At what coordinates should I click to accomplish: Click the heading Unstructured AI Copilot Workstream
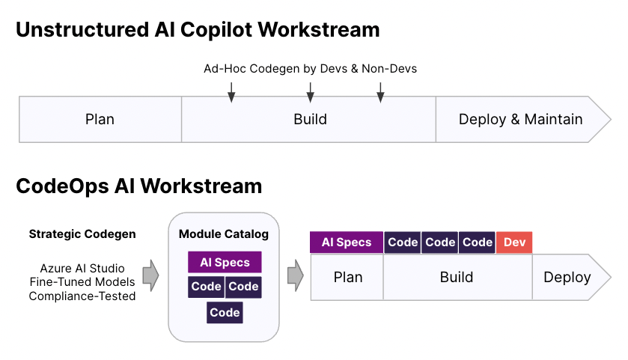click(x=198, y=30)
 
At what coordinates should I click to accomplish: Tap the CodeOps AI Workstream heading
click(x=139, y=186)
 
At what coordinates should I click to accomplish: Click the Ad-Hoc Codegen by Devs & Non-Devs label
click(x=311, y=69)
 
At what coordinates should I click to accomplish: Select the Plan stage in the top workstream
click(x=100, y=119)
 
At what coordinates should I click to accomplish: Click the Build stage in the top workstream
click(x=309, y=119)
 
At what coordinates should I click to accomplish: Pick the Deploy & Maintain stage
click(x=521, y=119)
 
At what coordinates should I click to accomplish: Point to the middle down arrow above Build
click(x=310, y=93)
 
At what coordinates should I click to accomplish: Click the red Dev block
click(x=514, y=242)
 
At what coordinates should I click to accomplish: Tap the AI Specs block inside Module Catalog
click(x=225, y=262)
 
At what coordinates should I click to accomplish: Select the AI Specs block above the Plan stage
click(x=347, y=242)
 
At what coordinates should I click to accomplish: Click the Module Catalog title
click(x=224, y=234)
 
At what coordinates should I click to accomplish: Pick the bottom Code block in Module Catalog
click(x=225, y=312)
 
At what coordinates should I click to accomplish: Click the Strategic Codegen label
click(x=82, y=234)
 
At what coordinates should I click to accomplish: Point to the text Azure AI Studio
click(x=82, y=268)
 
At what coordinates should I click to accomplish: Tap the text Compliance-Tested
click(x=82, y=296)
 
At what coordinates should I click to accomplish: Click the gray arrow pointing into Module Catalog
click(x=151, y=275)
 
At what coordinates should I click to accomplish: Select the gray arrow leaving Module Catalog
click(x=296, y=275)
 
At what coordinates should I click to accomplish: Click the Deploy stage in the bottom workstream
click(x=568, y=277)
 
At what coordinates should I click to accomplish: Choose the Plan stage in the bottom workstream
click(x=347, y=277)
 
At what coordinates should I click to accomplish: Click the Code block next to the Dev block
click(x=478, y=242)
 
